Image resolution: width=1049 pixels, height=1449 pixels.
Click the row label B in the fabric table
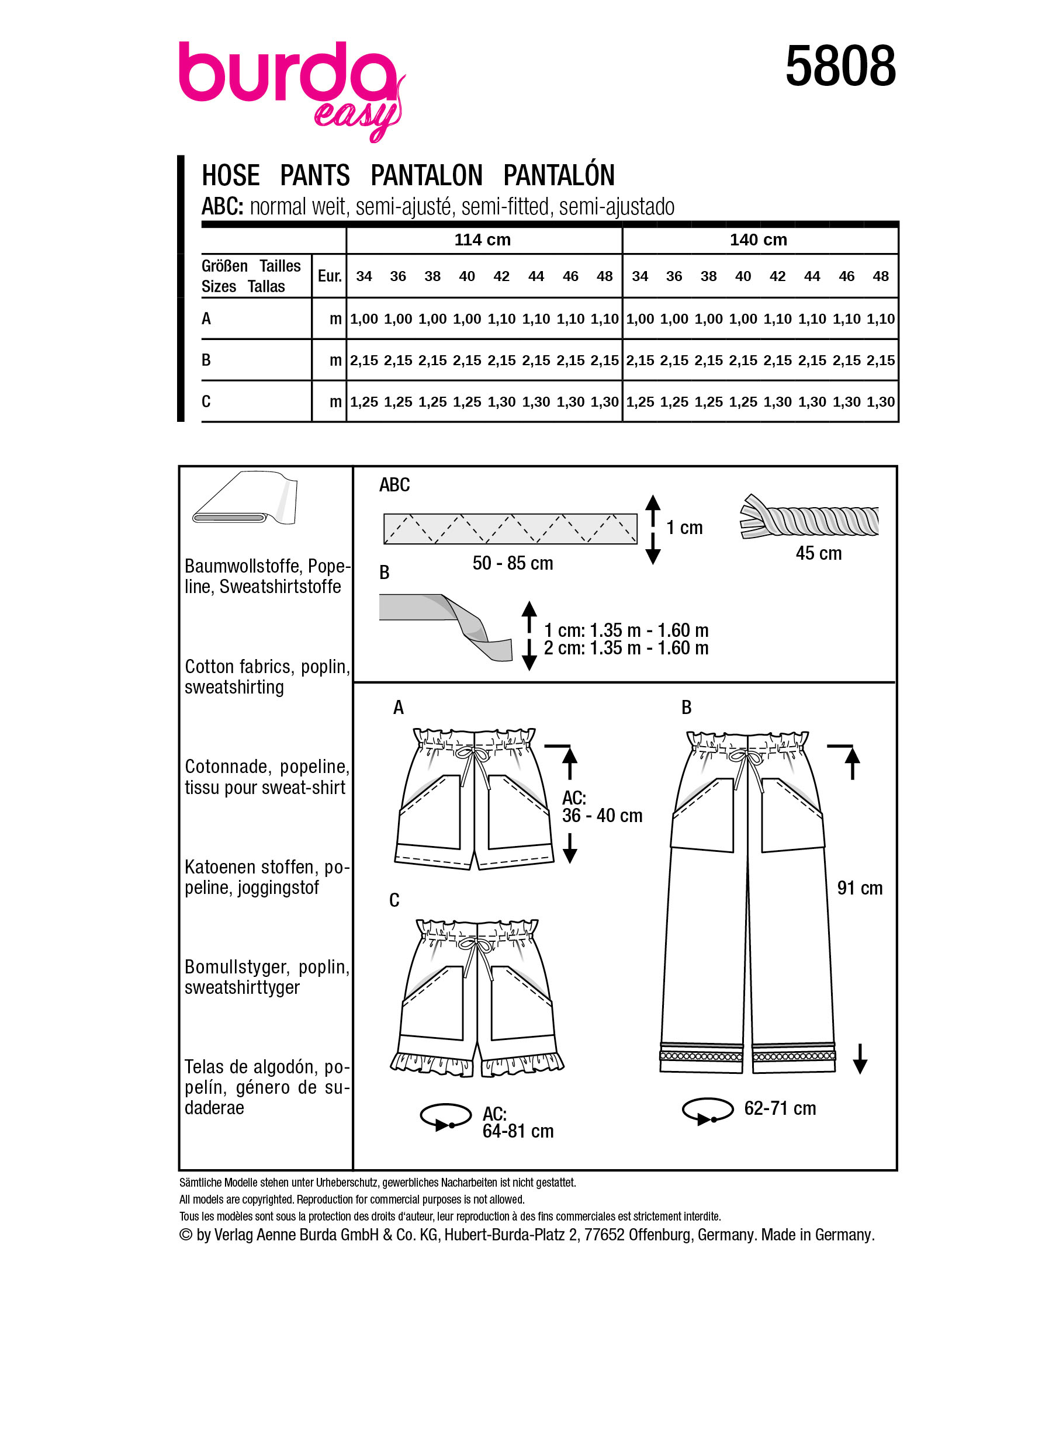tap(206, 360)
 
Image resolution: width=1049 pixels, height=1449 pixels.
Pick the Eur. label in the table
tap(329, 276)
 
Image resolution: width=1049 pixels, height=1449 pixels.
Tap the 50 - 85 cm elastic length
tap(513, 563)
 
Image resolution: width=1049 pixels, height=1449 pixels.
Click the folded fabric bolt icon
tap(245, 499)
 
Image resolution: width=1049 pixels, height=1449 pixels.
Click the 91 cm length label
tap(859, 888)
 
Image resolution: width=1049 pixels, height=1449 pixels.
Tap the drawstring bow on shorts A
tap(473, 756)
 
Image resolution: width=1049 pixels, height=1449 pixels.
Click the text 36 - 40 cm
tap(602, 815)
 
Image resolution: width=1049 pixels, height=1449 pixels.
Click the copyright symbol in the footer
tap(186, 1235)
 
